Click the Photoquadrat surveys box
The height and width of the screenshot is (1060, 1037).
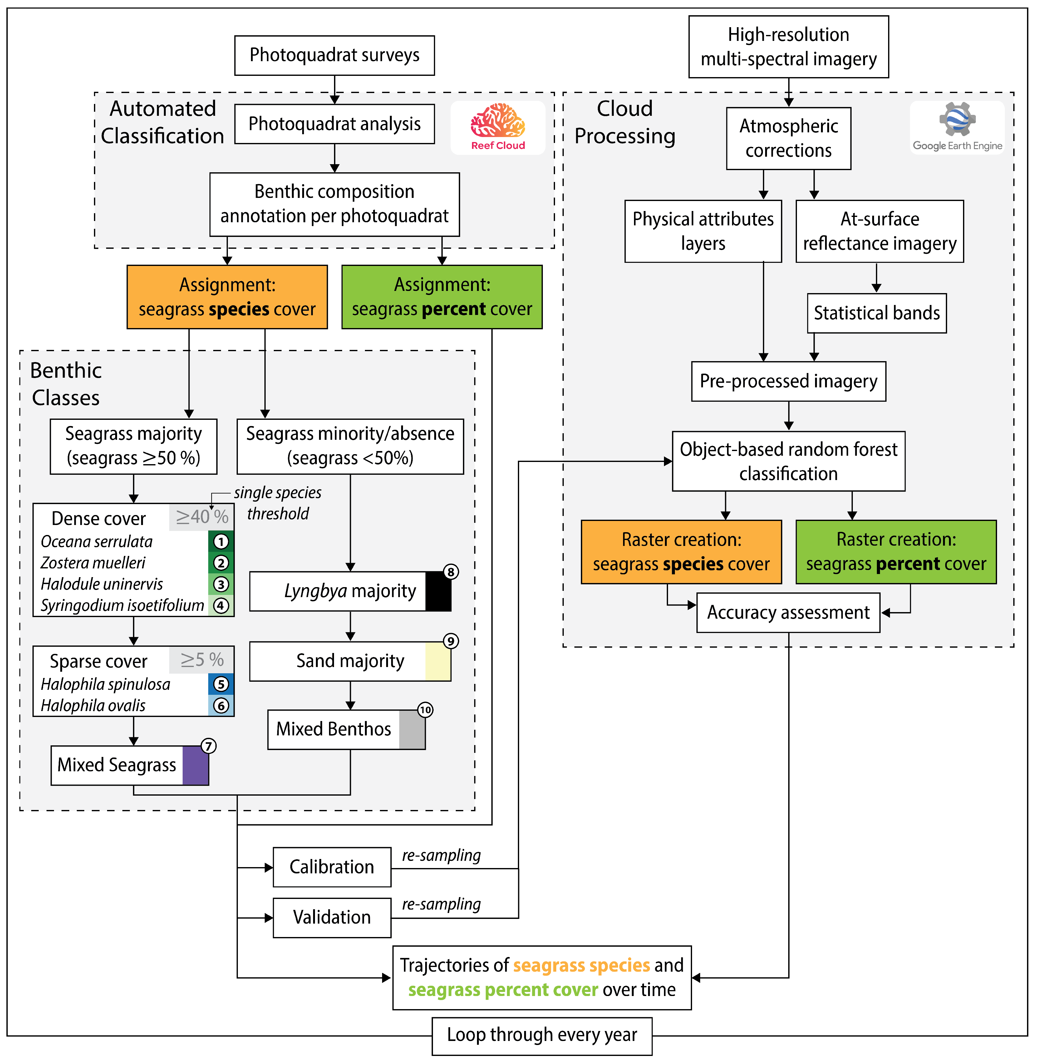point(334,55)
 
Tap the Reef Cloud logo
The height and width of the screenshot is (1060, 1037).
point(498,127)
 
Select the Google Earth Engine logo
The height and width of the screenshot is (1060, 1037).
point(957,127)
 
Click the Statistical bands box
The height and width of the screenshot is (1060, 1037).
point(876,313)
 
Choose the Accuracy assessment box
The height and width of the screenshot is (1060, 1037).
point(788,613)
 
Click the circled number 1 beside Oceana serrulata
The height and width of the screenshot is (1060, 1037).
point(221,542)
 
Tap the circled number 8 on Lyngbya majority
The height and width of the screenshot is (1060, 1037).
point(450,572)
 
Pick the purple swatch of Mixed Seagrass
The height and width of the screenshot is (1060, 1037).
point(195,765)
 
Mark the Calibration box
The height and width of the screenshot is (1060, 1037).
point(332,866)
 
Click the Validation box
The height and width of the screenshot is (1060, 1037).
point(332,917)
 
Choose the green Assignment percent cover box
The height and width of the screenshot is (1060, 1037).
point(442,297)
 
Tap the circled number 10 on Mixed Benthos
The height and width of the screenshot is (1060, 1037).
point(425,710)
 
